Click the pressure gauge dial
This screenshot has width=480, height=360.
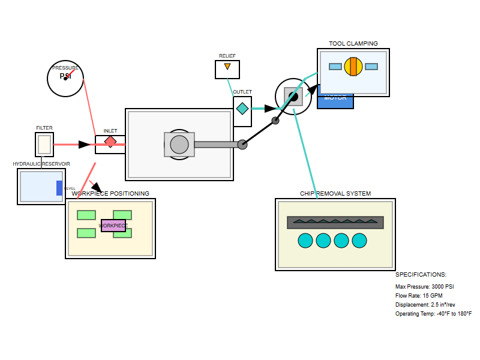coord(65,79)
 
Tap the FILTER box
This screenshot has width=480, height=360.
coord(44,145)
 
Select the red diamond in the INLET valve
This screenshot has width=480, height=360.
coord(110,142)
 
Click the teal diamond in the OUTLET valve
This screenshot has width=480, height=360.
coord(242,109)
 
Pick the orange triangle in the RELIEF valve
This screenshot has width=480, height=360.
coord(227,67)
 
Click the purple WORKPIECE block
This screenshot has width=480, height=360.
coord(113,226)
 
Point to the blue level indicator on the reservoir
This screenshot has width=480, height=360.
coord(59,188)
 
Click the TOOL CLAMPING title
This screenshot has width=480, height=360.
coord(353,44)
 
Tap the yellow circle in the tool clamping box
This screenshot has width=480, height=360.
coord(353,67)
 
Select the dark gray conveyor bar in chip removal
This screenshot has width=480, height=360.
coord(335,223)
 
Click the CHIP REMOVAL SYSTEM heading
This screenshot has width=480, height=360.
coord(335,194)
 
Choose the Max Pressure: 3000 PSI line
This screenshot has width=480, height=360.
coord(425,287)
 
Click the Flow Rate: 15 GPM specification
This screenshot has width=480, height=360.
coord(419,296)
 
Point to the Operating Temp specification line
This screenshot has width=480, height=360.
coord(434,314)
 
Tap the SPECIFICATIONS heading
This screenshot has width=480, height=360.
coord(421,275)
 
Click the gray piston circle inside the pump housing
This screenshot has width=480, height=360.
coord(179,145)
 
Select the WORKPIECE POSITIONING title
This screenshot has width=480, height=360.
coord(110,194)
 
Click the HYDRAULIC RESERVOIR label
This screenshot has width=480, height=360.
coord(41,164)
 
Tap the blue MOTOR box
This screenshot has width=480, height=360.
coord(335,101)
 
